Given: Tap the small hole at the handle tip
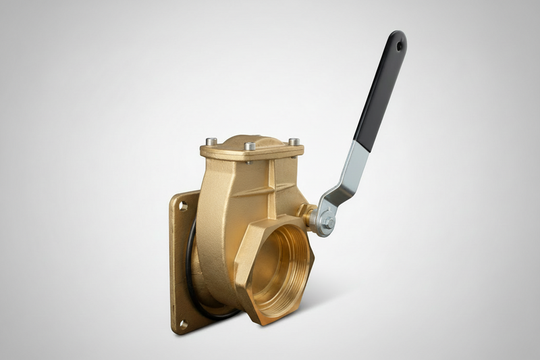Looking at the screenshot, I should pos(400,46).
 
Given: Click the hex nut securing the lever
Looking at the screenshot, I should pos(325,223).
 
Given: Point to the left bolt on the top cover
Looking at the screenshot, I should pos(211,142).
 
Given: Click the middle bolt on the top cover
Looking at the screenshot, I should pos(250,146).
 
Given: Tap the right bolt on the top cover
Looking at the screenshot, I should pos(294,142).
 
